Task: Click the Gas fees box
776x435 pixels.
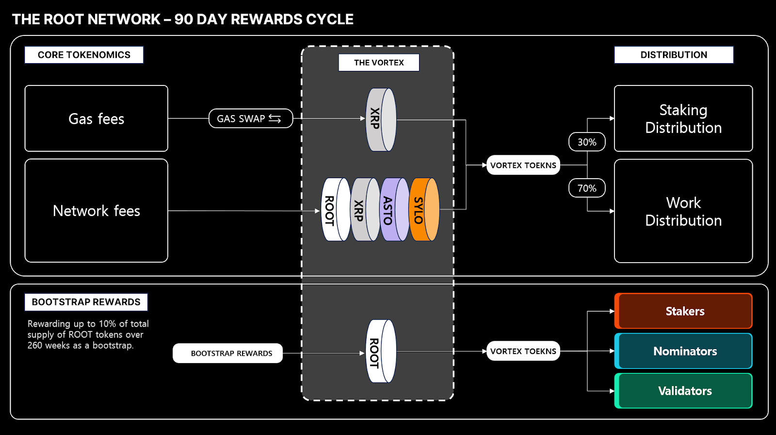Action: click(x=96, y=118)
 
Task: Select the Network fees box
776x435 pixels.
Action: click(x=96, y=211)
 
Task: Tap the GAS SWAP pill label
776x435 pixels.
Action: click(x=241, y=118)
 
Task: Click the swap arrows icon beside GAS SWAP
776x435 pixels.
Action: click(x=275, y=118)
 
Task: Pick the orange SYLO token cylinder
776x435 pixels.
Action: click(x=424, y=210)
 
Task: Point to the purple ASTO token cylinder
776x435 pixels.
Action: click(x=394, y=210)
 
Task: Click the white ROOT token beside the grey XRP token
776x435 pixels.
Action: click(x=336, y=210)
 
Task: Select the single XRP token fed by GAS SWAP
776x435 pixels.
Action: click(x=381, y=119)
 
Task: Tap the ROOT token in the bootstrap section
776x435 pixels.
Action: click(x=381, y=351)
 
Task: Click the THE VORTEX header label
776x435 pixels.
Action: click(x=379, y=63)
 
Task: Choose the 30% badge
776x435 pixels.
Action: click(x=587, y=142)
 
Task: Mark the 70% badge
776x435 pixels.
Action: click(x=587, y=188)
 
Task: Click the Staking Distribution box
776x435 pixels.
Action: click(x=683, y=118)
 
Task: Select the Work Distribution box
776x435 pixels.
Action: click(x=683, y=211)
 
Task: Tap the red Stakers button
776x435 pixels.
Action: click(x=683, y=311)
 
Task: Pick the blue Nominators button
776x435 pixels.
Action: click(x=683, y=351)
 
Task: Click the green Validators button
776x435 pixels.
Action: click(x=683, y=391)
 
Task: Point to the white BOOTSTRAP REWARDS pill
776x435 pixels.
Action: click(x=227, y=353)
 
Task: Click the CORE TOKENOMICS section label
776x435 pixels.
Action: click(x=84, y=55)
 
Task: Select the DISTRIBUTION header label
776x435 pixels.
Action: click(x=674, y=55)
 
